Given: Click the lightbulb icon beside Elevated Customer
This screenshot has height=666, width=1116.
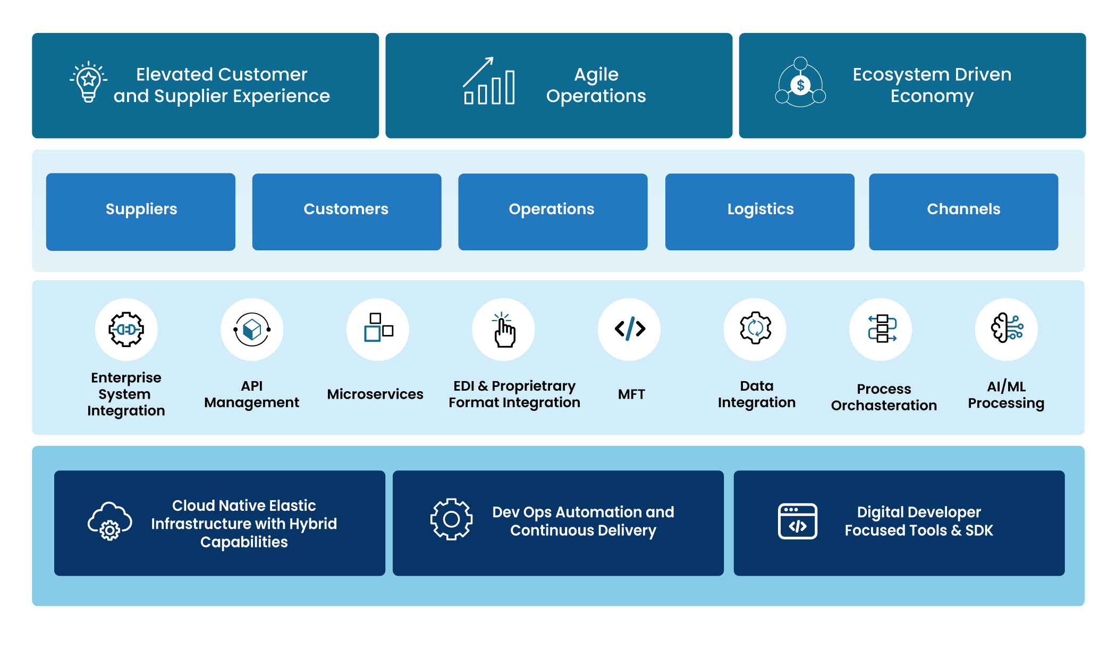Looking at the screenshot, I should pos(89,82).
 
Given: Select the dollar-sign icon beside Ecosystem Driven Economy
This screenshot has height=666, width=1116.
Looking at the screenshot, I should pos(800,83).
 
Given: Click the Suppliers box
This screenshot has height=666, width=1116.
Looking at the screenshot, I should pos(141,211).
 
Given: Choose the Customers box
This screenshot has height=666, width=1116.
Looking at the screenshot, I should pos(346,211).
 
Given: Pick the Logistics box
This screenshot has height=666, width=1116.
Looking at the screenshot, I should pos(760,211).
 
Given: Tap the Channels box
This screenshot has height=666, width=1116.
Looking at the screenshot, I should pos(963,211).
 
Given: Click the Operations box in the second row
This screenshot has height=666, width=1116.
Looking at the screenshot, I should pos(553,211).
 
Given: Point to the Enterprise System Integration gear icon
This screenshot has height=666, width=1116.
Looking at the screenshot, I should pos(126,330).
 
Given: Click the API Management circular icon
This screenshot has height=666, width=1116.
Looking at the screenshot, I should pos(252,330).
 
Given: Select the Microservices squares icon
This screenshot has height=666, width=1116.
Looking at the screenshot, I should pos(378,328).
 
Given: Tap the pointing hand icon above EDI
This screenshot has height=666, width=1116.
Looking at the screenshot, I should pos(503,330).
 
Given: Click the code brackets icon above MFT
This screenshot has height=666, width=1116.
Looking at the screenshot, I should pos(630,329).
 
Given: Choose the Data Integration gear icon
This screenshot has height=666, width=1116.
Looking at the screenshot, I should pos(755,328).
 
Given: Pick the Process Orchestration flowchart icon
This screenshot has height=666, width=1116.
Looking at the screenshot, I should pos(882,328).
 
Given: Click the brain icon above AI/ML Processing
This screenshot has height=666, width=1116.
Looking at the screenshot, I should pos(1007,328).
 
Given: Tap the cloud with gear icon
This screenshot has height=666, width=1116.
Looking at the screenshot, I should pos(110,521).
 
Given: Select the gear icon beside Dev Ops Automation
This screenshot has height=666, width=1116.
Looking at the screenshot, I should pos(451,519).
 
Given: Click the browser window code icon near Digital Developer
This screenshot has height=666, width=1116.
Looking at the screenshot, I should pos(797,521).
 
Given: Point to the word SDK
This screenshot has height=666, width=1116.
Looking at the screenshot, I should pos(979,530).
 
